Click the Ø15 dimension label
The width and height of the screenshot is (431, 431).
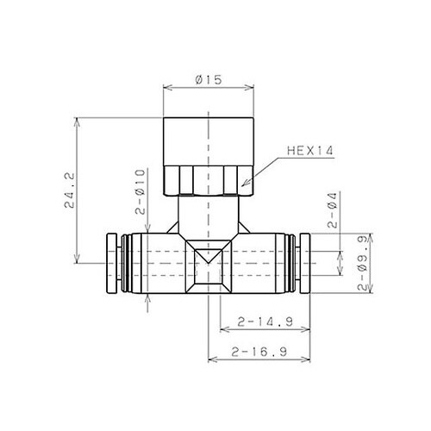(209, 79)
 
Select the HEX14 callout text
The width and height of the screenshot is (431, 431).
(310, 151)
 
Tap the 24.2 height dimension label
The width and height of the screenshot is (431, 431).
(70, 191)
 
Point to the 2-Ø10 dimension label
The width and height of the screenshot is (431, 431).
(141, 191)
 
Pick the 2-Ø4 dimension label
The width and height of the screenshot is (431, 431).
(332, 210)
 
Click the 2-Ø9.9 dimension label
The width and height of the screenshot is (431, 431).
(363, 263)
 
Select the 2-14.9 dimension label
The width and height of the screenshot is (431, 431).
(265, 322)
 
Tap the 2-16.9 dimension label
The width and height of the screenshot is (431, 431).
(259, 352)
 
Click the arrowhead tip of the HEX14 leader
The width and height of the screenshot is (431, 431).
(242, 186)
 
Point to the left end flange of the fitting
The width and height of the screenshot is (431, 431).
(112, 263)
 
